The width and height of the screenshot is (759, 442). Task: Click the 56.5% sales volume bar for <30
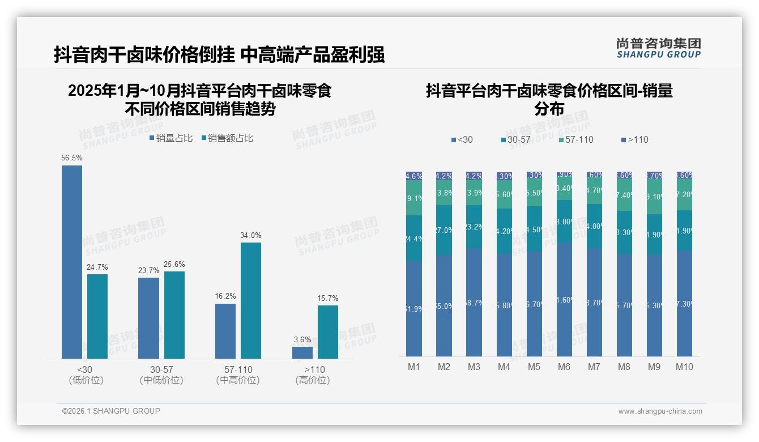point(72,262)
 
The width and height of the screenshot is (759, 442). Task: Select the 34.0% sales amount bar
point(251,300)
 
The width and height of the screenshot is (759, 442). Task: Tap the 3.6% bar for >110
point(302,352)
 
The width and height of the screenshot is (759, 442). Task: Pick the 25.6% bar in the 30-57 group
point(174,315)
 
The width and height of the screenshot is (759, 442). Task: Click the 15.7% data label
point(328,298)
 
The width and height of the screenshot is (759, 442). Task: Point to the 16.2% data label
point(225,296)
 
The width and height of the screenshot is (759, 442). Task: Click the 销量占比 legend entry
point(170,138)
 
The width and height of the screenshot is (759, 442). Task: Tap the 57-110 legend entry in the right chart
point(575,139)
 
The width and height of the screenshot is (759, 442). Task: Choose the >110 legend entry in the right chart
point(634,139)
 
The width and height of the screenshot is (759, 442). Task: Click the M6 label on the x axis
point(564,367)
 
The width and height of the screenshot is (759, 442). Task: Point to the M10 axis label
point(684,367)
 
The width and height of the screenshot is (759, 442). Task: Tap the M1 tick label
point(414,367)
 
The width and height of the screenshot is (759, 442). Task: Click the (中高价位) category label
point(238,380)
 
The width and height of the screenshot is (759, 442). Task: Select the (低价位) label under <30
point(86,380)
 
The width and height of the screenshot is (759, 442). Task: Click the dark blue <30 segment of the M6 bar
point(564,299)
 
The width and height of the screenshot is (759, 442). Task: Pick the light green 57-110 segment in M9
point(654,197)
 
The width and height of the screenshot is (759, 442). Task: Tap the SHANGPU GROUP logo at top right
point(658,48)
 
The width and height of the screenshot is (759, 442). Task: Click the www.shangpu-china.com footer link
point(660,411)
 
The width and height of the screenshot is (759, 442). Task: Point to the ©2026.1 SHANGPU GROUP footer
point(111,411)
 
